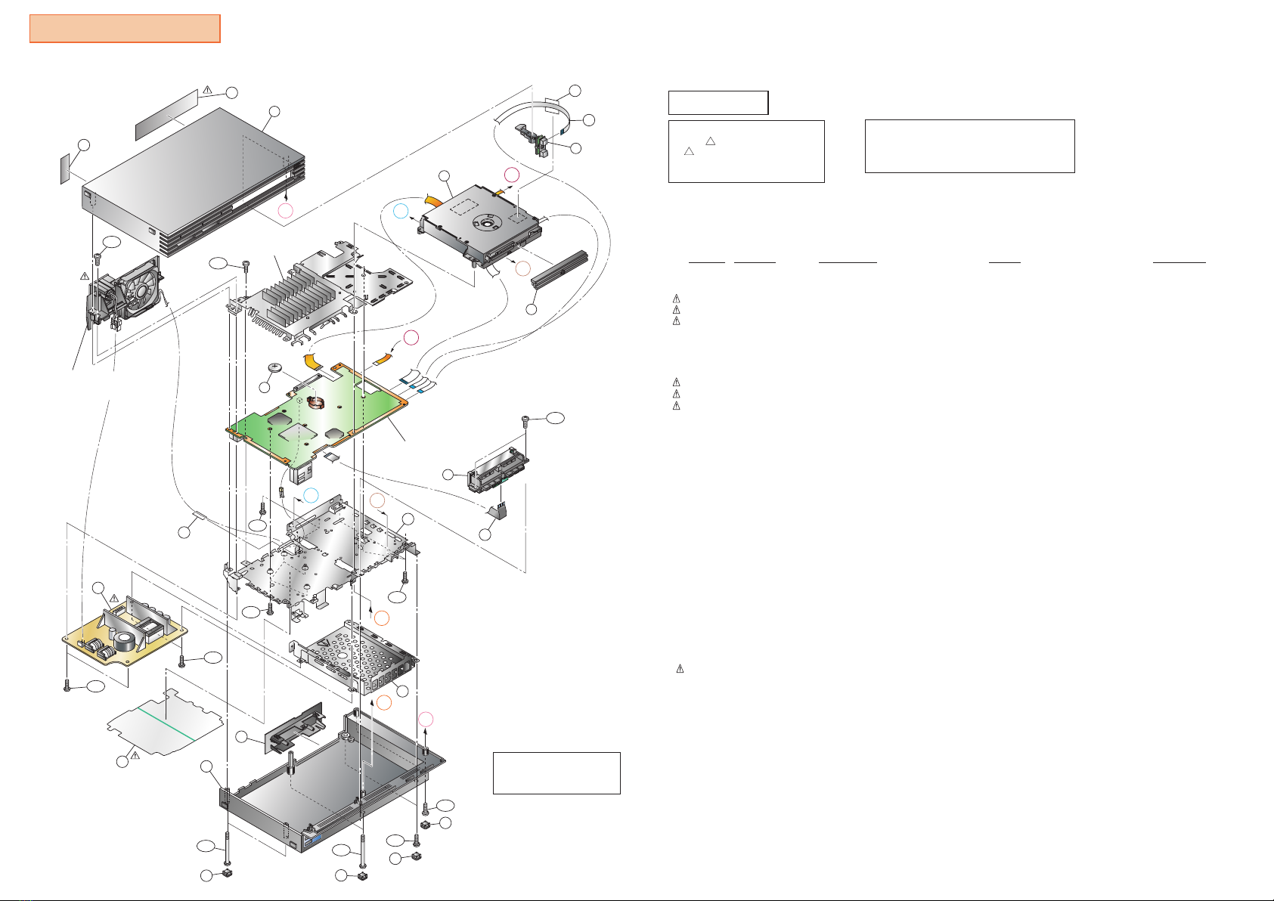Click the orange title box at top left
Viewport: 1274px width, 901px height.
point(125,29)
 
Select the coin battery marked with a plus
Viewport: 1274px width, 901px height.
point(276,368)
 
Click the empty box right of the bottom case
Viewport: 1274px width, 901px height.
point(556,773)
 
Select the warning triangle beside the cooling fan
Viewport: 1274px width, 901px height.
point(85,275)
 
